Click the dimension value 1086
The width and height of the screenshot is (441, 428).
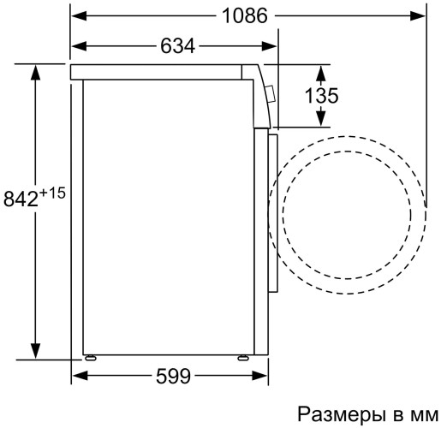[x=244, y=15]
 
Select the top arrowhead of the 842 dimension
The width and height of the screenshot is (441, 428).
[x=34, y=71]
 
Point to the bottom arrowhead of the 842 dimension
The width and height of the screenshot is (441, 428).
[x=34, y=351]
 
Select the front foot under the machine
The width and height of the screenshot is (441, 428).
[x=244, y=354]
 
